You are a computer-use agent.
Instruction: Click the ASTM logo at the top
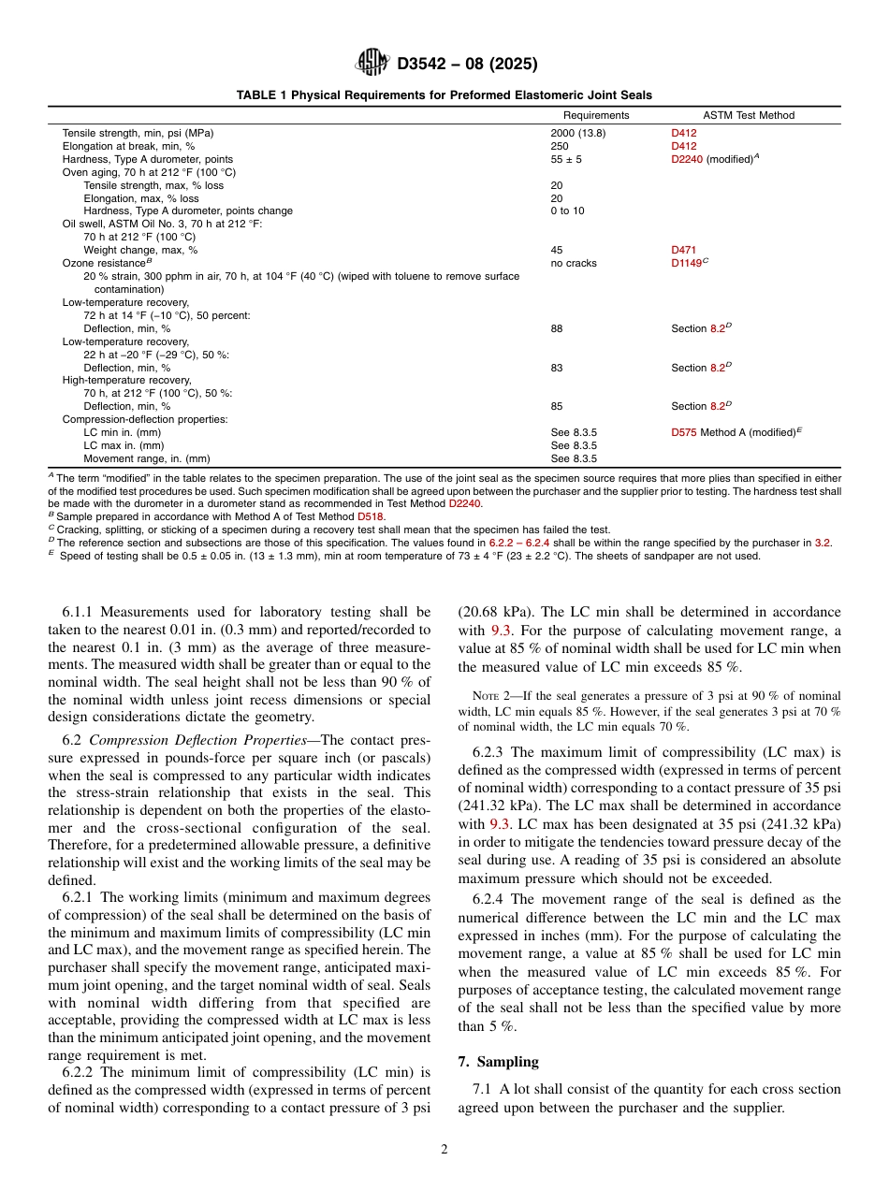pyautogui.click(x=372, y=64)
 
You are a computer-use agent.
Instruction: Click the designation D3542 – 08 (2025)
pyautogui.click(x=467, y=65)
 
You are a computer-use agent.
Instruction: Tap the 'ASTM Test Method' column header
pyautogui.click(x=735, y=115)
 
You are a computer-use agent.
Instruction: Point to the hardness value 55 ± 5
pyautogui.click(x=565, y=159)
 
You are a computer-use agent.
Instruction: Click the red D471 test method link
pyautogui.click(x=683, y=250)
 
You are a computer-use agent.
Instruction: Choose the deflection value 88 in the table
pyautogui.click(x=557, y=328)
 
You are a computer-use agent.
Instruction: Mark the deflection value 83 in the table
pyautogui.click(x=557, y=368)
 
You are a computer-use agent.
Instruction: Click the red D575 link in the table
pyautogui.click(x=683, y=432)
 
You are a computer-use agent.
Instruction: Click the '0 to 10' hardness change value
pyautogui.click(x=567, y=210)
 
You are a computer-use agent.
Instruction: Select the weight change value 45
pyautogui.click(x=557, y=250)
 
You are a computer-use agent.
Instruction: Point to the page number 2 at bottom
pyautogui.click(x=444, y=1150)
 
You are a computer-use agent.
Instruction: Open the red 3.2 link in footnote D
pyautogui.click(x=823, y=543)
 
